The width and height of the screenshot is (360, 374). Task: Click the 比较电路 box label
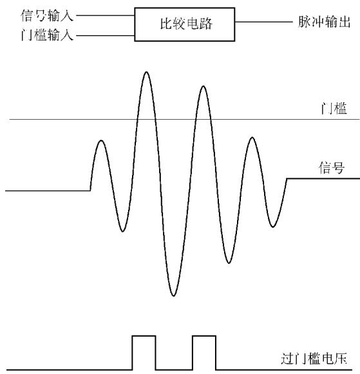186,24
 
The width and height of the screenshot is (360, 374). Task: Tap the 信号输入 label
47,15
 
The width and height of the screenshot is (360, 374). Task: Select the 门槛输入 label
47,35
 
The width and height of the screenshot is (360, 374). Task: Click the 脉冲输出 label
324,22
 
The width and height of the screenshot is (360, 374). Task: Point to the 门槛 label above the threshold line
334,109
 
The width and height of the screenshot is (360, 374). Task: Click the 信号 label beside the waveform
332,167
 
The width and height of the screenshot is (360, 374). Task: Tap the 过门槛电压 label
314,359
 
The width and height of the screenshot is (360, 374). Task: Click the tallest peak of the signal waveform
146,72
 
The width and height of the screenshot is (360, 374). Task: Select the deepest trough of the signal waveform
174,295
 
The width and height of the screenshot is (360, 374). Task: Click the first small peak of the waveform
101,140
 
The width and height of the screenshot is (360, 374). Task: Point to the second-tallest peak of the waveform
204,86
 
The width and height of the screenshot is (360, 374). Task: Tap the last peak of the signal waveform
252,137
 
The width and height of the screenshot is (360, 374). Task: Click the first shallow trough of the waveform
122,231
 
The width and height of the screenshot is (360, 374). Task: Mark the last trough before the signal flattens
273,227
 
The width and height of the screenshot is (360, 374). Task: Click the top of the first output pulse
144,336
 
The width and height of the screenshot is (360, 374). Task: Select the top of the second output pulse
204,336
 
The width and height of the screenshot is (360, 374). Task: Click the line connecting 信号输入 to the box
105,15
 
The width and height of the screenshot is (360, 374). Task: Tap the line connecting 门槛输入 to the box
105,36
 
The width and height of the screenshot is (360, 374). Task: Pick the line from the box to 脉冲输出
263,22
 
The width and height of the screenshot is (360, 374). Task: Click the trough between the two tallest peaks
174,295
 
